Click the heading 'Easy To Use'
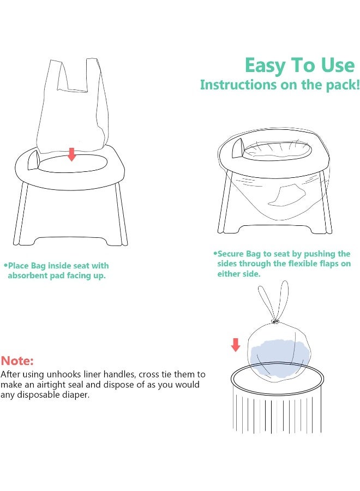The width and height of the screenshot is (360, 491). coord(299,65)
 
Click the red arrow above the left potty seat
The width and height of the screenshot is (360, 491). coord(71,154)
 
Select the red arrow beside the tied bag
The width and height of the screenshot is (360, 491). coord(236,344)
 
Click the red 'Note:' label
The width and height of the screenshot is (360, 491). coord(17,361)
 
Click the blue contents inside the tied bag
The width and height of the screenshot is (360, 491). coord(277,351)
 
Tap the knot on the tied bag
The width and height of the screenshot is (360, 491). coord(275,321)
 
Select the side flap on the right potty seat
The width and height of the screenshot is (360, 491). coord(237,148)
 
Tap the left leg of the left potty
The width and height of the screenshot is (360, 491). coord(22,213)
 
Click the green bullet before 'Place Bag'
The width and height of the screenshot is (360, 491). coord(5,265)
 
